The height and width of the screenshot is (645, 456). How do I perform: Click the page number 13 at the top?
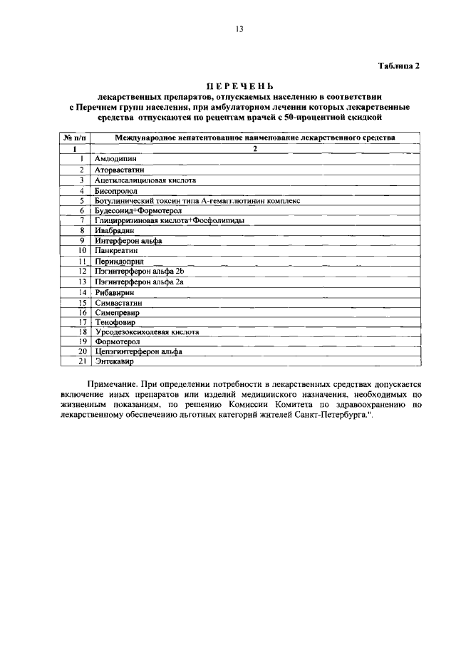tap(239, 29)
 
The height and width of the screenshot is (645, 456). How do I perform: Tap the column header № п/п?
tap(75, 138)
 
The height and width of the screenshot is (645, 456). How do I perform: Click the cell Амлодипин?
tap(115, 160)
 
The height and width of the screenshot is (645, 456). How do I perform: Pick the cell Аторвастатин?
tap(119, 170)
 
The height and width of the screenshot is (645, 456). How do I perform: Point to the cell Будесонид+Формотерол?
tap(140, 211)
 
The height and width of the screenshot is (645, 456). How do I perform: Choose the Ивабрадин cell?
tap(115, 231)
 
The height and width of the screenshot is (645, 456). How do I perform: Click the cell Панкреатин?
tap(117, 251)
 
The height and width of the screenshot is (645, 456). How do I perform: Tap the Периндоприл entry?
tap(119, 262)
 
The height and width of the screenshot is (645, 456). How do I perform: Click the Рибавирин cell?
tap(115, 292)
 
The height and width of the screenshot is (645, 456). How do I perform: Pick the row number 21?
tap(82, 362)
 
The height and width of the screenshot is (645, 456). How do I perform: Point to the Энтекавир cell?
tap(115, 362)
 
